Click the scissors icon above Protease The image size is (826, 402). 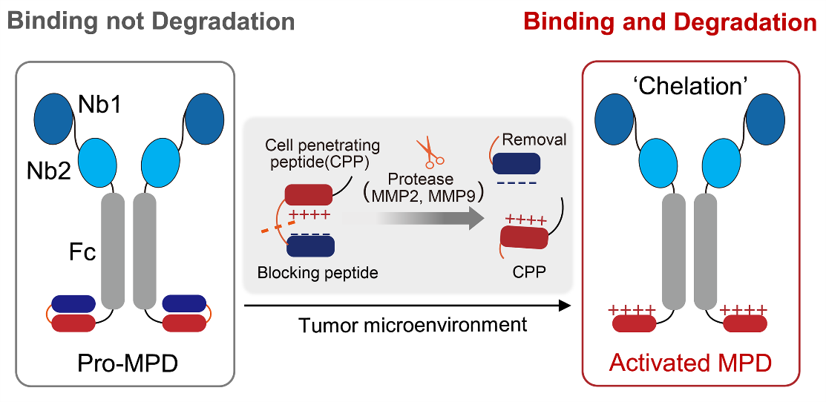click(x=430, y=151)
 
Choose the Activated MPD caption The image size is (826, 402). click(x=690, y=363)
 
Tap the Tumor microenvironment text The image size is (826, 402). click(x=413, y=325)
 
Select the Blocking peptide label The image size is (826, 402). click(x=318, y=273)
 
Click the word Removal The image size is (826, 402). click(x=534, y=139)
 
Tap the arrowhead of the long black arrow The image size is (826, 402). click(x=564, y=305)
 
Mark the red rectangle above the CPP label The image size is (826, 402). click(x=524, y=238)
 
